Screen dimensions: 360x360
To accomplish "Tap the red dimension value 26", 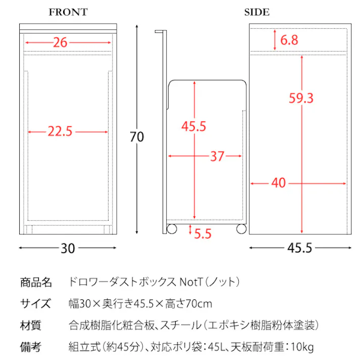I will tap(60, 42).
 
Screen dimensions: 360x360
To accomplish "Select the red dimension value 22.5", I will tap(61, 132).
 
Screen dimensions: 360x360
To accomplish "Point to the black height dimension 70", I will tap(137, 136).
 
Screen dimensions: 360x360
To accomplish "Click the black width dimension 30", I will tap(68, 248).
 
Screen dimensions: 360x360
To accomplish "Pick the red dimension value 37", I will tap(217, 157).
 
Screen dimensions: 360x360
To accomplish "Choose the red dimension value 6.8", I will tap(289, 40).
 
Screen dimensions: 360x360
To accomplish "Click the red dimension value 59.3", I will tap(301, 98).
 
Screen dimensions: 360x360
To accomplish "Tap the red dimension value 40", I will tap(279, 183).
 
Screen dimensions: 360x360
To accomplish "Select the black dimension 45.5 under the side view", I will tap(299, 248).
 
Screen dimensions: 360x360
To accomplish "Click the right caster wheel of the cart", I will tap(241, 229).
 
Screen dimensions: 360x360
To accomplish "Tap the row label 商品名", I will tap(36, 282).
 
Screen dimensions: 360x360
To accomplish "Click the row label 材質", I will tap(31, 325).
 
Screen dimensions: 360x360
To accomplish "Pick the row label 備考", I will tap(31, 347).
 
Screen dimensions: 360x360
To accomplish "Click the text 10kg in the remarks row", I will tap(302, 347).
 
